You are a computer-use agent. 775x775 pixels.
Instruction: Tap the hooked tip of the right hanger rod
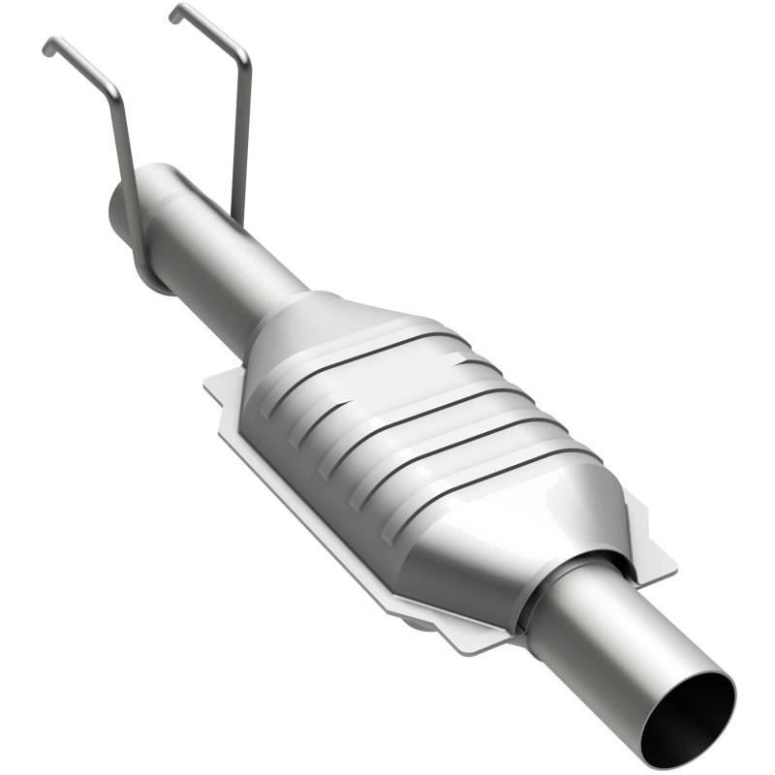(175, 13)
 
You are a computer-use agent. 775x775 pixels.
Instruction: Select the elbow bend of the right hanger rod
(243, 56)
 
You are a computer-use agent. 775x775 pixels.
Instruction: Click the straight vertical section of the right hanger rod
(241, 136)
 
